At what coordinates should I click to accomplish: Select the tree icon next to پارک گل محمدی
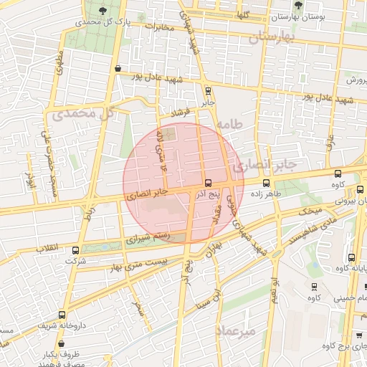click(105, 10)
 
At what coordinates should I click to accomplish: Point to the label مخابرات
click(160, 28)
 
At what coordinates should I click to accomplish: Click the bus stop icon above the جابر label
click(208, 91)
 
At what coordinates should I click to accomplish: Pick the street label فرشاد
click(183, 113)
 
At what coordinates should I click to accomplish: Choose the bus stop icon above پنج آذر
click(208, 183)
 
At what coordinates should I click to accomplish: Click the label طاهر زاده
click(264, 193)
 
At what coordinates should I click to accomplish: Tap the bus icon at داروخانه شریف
click(62, 314)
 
